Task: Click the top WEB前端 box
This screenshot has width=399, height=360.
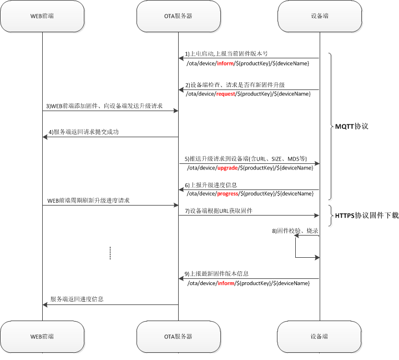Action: click(42, 16)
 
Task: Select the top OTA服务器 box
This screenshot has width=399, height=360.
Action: click(178, 16)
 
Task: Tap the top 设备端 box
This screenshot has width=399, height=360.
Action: click(319, 16)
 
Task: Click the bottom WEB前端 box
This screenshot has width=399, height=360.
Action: click(42, 337)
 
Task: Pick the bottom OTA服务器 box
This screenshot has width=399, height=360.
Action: click(178, 337)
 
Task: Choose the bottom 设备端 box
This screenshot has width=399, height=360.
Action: click(319, 337)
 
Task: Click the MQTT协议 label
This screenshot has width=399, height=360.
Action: click(351, 127)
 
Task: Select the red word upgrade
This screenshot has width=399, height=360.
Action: click(228, 167)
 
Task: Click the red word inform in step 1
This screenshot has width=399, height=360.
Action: click(225, 63)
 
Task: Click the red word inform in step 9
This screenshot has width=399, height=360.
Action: click(225, 283)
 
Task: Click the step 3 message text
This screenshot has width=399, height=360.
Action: click(104, 106)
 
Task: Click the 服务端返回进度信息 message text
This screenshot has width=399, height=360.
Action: click(77, 299)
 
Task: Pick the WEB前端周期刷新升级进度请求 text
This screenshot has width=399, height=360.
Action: click(89, 200)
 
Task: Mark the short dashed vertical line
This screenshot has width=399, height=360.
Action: click(110, 253)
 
